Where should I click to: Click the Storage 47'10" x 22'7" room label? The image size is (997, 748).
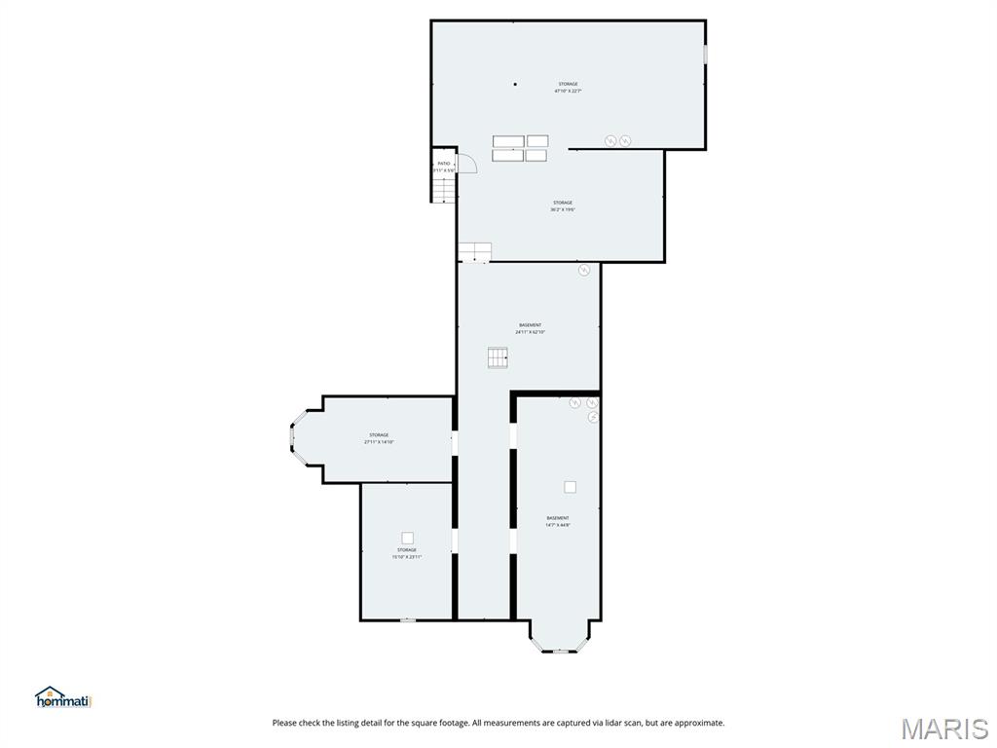pos(568,88)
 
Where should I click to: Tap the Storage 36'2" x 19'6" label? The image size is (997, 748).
pos(563,206)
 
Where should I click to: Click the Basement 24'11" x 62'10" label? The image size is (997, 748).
pos(530,328)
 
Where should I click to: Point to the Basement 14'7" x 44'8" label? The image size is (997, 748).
pos(558,521)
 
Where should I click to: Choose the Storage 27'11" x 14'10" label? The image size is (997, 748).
pos(379,438)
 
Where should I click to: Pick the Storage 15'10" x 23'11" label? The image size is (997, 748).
pos(406,553)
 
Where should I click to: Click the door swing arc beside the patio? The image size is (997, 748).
pos(468,163)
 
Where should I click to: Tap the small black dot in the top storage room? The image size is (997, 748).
pos(516,84)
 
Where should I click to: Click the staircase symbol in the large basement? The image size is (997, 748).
pos(498,357)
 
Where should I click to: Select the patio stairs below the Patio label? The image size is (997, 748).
pos(444,189)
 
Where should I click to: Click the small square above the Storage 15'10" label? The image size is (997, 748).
pos(407,538)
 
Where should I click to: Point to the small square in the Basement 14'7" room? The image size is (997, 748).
pos(570,487)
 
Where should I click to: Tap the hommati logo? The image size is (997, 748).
pos(62,697)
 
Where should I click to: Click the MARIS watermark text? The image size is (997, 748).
pos(944,729)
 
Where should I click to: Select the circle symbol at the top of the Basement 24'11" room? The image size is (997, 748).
pos(584,270)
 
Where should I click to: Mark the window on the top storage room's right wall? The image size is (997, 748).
pos(705,54)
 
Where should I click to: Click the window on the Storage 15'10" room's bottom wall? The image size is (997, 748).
pos(408,619)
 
